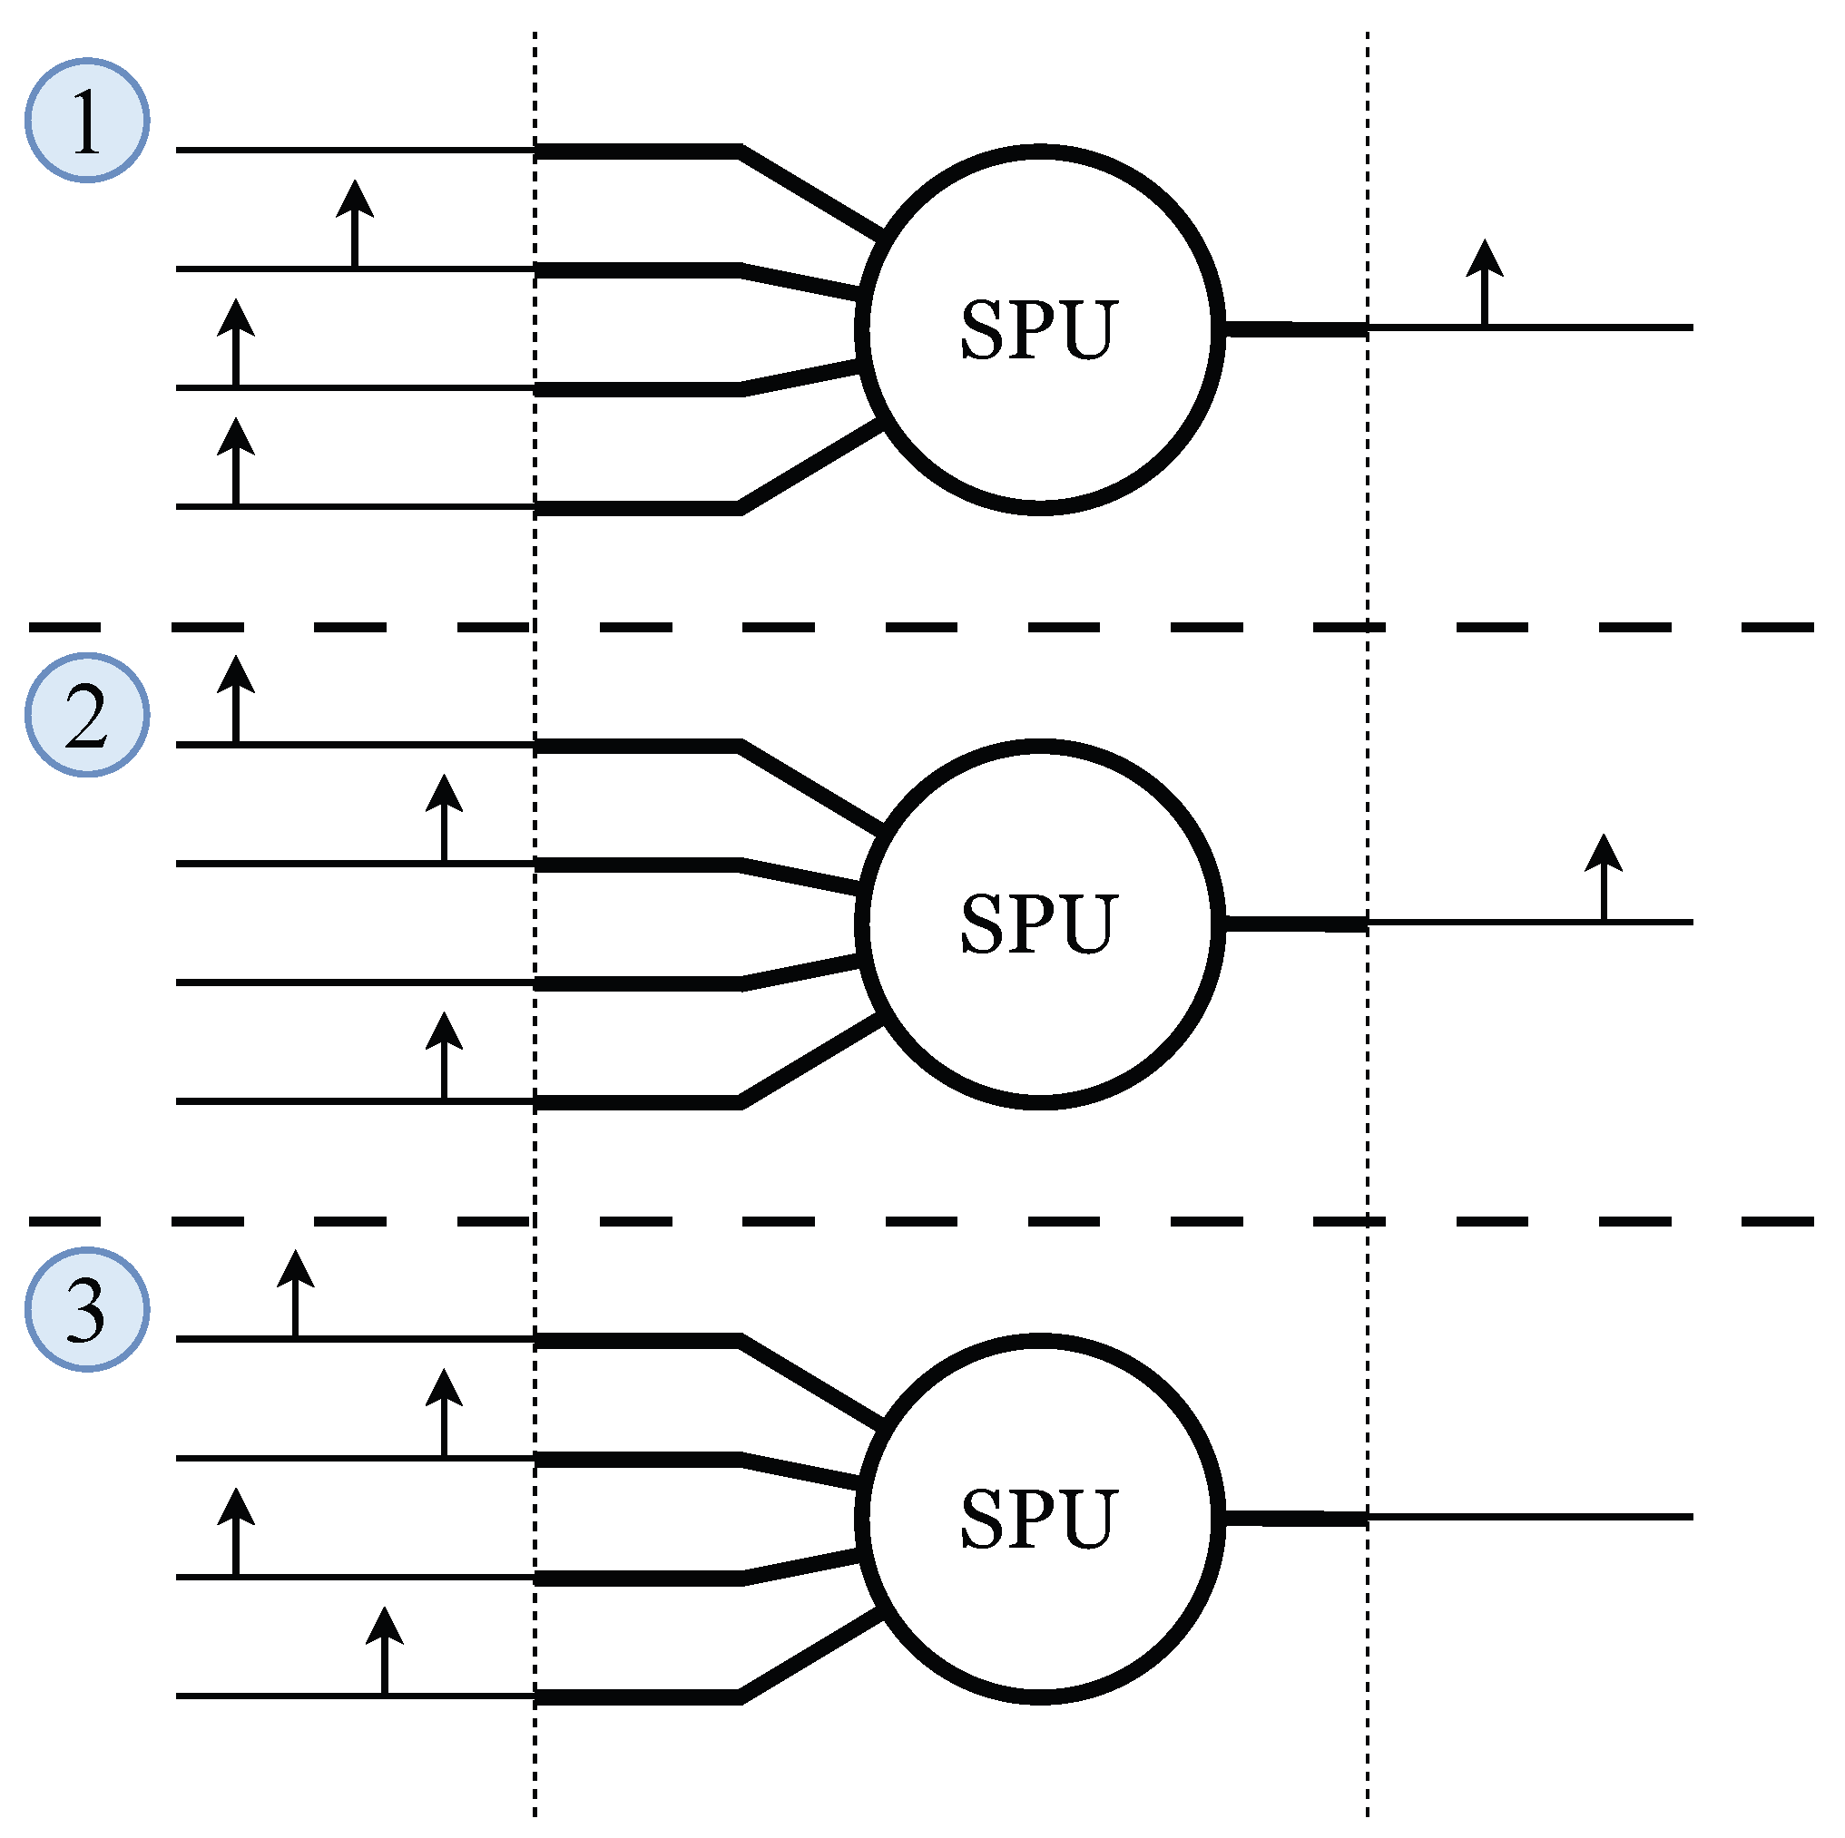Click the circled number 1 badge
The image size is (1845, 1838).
87,121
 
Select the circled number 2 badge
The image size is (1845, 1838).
87,715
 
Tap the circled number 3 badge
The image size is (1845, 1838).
87,1309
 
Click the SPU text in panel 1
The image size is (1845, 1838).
1038,330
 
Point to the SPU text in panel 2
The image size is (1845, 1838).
1038,924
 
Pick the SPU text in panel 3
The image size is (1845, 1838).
1038,1518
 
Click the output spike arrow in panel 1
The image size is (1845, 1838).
1485,283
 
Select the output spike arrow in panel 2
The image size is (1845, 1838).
1604,877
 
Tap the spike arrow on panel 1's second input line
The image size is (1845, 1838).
355,223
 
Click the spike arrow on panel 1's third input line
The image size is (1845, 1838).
236,343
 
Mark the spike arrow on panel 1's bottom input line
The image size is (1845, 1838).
236,461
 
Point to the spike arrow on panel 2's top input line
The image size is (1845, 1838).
236,699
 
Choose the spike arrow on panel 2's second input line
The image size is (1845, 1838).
444,818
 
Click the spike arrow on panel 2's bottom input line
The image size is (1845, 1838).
444,1056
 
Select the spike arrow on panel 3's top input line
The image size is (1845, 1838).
295,1294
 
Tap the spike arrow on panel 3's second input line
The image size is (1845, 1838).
444,1413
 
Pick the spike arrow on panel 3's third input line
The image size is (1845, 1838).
236,1531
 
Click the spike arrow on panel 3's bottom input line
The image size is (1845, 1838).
385,1651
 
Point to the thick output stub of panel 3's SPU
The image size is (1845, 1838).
1296,1518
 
